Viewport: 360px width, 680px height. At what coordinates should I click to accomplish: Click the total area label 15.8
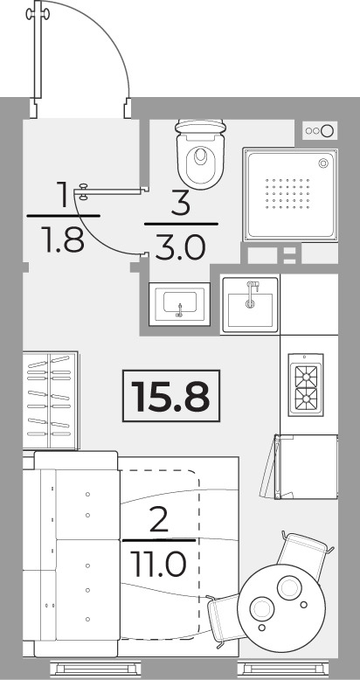tap(171, 396)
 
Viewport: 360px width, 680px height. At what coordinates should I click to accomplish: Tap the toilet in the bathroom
tap(200, 154)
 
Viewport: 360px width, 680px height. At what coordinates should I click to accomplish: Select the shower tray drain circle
tap(323, 163)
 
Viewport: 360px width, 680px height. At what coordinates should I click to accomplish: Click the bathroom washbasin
tap(180, 303)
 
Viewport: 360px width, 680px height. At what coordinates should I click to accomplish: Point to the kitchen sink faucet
tap(252, 294)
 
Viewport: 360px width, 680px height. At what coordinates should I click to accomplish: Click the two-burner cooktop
tap(306, 385)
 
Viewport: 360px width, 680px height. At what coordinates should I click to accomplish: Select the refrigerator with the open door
tap(300, 467)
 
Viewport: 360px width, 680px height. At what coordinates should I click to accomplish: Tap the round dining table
tap(281, 607)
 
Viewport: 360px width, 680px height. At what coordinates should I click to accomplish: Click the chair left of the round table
tap(224, 621)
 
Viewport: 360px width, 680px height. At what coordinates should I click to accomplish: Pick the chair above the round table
tap(303, 553)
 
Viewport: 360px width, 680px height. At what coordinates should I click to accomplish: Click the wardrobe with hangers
tap(51, 400)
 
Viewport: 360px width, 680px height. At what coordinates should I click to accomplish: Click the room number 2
tap(159, 521)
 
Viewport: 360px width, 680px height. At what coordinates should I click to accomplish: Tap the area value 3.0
tap(180, 248)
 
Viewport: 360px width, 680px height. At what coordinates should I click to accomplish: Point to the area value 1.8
tap(63, 240)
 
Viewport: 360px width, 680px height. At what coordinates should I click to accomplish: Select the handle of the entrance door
tap(38, 14)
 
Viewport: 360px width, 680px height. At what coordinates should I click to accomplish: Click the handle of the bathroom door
tap(82, 191)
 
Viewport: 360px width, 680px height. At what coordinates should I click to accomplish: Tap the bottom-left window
tap(95, 669)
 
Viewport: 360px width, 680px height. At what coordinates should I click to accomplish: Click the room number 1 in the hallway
tap(63, 194)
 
